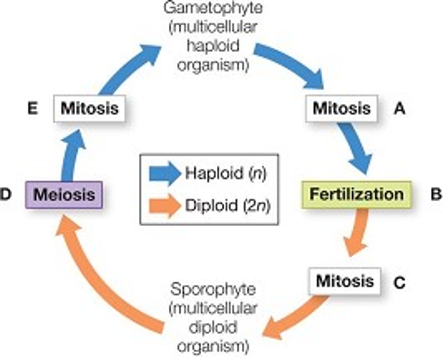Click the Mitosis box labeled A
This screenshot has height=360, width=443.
(x=341, y=108)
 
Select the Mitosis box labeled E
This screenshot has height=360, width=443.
(x=89, y=108)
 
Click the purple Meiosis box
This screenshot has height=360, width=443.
(x=64, y=195)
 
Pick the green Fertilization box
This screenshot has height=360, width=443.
(x=356, y=194)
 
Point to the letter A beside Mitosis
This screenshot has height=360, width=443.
(x=399, y=109)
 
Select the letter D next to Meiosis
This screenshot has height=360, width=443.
(x=6, y=194)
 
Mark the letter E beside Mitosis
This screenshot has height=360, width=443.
(x=33, y=109)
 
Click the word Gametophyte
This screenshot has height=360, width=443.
(x=213, y=8)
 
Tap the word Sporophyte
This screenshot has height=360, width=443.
(x=213, y=290)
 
